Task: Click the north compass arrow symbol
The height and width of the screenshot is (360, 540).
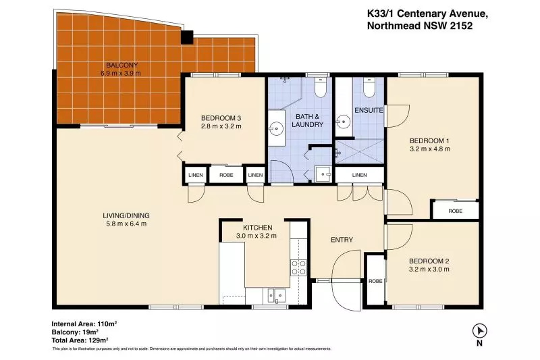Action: click(x=479, y=331)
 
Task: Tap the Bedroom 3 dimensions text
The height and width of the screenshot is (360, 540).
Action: click(x=221, y=126)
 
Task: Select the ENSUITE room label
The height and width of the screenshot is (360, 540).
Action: click(x=369, y=110)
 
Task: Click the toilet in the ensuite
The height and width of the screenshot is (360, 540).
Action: click(x=369, y=87)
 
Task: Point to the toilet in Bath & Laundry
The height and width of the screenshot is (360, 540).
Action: click(x=321, y=88)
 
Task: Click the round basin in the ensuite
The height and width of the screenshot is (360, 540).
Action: click(x=344, y=122)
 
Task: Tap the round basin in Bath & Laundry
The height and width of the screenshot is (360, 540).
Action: click(x=276, y=128)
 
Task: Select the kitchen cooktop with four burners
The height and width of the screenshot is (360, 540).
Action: click(x=298, y=267)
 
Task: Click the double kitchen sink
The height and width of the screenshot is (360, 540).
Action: click(x=276, y=295)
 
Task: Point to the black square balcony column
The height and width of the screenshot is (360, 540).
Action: click(x=187, y=37)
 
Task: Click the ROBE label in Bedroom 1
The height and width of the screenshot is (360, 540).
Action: click(x=455, y=211)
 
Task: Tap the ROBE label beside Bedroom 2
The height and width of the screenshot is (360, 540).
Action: click(x=375, y=281)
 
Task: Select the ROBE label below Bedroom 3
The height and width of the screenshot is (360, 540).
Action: click(x=226, y=175)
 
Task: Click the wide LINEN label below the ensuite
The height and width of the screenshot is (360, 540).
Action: click(x=360, y=175)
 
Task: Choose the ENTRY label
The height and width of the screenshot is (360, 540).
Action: click(x=342, y=240)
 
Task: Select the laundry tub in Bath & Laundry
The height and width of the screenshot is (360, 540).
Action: click(x=323, y=174)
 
